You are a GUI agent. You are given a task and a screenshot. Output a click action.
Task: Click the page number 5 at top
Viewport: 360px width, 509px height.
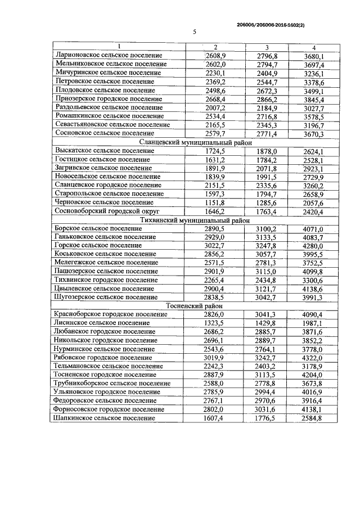pyautogui.click(x=194, y=32)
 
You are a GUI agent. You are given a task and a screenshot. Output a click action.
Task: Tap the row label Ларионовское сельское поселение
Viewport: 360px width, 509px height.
pyautogui.click(x=109, y=56)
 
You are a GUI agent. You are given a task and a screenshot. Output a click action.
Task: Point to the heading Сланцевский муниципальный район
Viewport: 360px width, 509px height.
pyautogui.click(x=194, y=142)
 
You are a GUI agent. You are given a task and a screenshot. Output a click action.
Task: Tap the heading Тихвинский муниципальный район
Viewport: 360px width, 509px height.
pyautogui.click(x=194, y=220)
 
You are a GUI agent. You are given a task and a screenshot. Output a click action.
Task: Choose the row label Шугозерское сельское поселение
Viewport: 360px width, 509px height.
pyautogui.click(x=106, y=298)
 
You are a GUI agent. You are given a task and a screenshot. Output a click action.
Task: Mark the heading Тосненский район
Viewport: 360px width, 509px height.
pyautogui.click(x=194, y=306)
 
